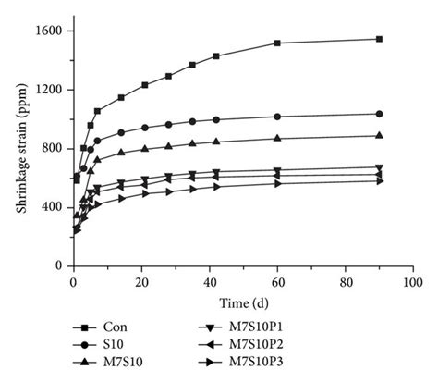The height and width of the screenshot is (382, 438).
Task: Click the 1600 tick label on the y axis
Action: pyautogui.click(x=48, y=31)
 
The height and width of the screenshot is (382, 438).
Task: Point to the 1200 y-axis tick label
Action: pyautogui.click(x=48, y=90)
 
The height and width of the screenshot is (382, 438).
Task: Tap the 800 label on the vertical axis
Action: pyautogui.click(x=51, y=149)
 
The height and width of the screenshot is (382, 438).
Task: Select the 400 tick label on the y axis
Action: pyautogui.click(x=51, y=207)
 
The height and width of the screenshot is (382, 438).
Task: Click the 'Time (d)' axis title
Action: pyautogui.click(x=240, y=302)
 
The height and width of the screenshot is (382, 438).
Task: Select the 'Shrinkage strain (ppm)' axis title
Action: pyautogui.click(x=20, y=148)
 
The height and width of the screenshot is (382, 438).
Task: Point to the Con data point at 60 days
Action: pyautogui.click(x=277, y=43)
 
